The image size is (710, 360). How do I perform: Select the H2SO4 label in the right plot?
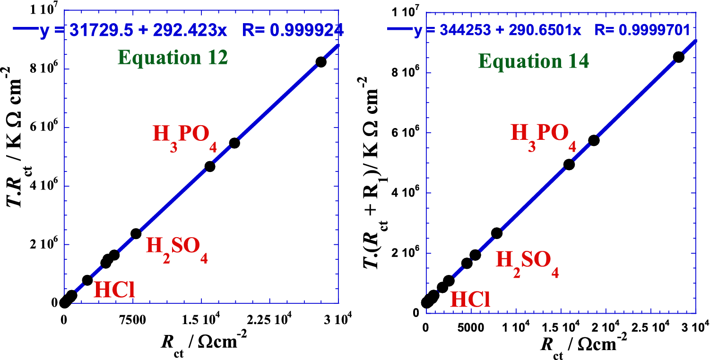(x=528, y=265)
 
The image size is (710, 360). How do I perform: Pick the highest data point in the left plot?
(x=321, y=62)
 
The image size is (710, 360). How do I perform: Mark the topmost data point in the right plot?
(x=679, y=57)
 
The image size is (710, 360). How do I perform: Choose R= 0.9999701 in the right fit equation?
(x=646, y=31)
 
